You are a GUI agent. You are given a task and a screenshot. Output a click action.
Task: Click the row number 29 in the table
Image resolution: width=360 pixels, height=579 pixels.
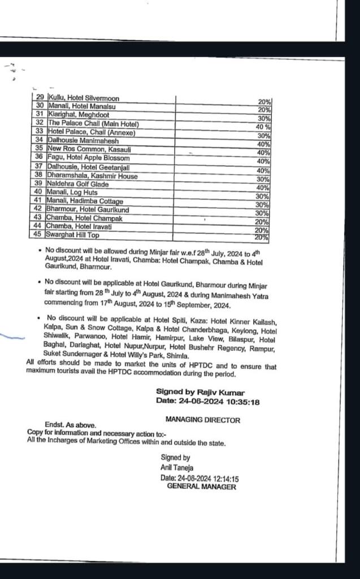point(40,98)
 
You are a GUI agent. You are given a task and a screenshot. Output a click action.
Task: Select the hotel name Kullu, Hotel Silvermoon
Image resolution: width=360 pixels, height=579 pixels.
point(84,98)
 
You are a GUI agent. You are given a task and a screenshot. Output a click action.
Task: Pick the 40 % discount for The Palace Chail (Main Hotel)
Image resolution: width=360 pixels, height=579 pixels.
point(263,127)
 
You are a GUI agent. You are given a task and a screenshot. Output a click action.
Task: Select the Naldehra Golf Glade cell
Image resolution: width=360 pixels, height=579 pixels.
point(78,184)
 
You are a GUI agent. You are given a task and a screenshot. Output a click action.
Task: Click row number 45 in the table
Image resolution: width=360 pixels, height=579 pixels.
point(39,235)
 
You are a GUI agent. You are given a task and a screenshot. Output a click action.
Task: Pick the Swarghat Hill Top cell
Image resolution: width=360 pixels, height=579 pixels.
point(73,235)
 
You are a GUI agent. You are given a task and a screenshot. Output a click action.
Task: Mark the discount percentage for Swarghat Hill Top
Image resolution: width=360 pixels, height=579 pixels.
point(262,237)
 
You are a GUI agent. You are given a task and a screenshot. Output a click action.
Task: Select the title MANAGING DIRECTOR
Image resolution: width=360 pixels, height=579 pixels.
point(202,420)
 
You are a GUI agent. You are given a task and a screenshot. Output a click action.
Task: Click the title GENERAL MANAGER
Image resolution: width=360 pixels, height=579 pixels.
point(201,486)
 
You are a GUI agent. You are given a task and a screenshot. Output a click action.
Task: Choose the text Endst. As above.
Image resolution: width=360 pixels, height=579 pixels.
point(71,425)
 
